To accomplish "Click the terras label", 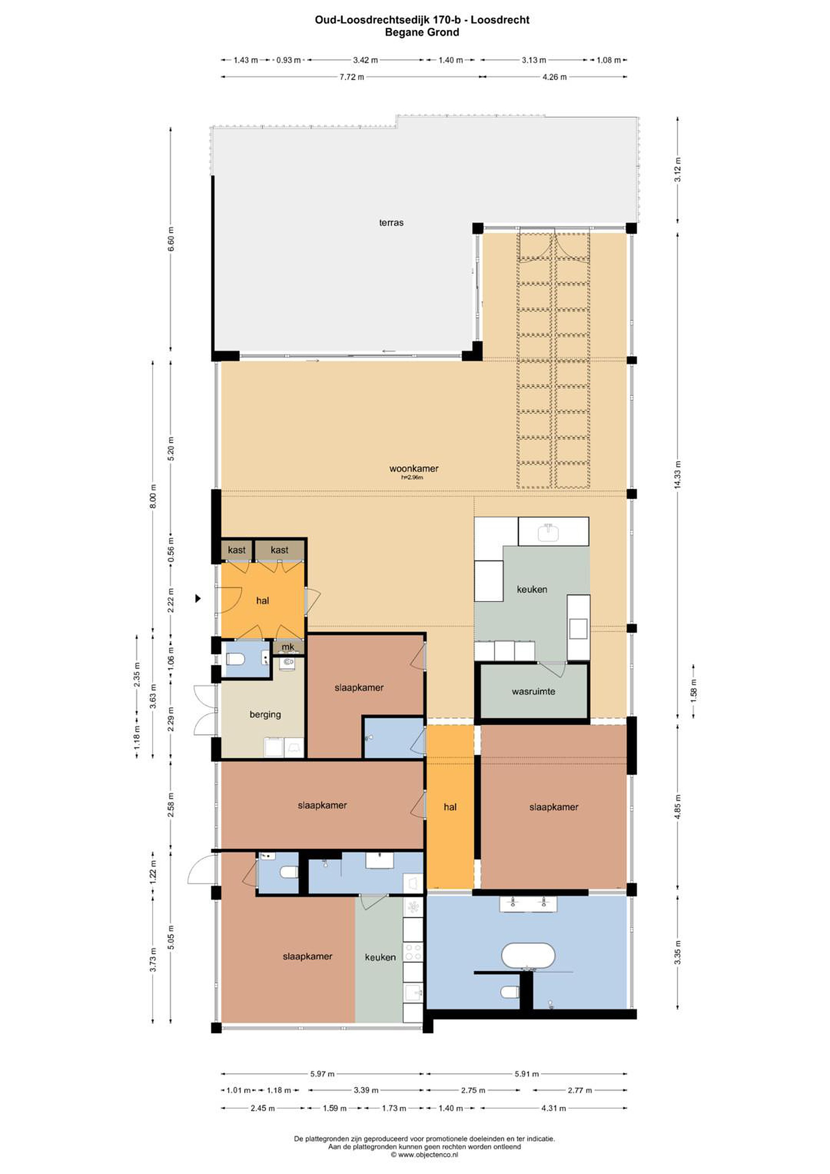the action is click(391, 223).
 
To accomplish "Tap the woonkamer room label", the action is click(414, 468).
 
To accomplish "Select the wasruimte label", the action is click(533, 692).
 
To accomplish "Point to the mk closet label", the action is click(288, 647).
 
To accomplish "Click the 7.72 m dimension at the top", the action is click(352, 77).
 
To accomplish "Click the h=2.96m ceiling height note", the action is click(412, 478).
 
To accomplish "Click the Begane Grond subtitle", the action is click(422, 32).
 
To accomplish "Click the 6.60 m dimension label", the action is click(171, 239).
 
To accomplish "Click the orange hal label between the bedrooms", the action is click(450, 807).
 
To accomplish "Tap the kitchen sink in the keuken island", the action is click(548, 532).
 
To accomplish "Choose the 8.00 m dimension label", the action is click(153, 496).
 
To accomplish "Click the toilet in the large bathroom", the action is click(510, 993).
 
